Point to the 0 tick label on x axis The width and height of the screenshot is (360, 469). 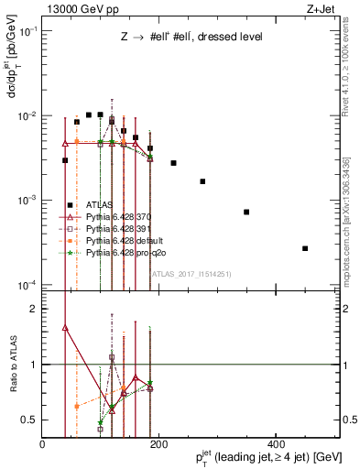pyautogui.click(x=42, y=444)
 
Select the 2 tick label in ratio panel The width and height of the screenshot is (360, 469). pyautogui.click(x=34, y=310)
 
